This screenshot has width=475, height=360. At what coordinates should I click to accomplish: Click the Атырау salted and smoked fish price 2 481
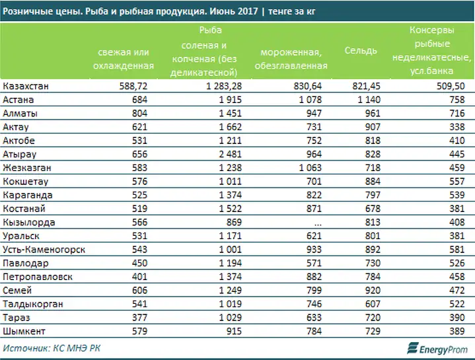231,154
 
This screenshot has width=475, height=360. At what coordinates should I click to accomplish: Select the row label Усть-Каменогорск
44,250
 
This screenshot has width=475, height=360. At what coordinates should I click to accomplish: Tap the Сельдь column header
361,50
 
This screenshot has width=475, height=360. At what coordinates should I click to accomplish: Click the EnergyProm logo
437,349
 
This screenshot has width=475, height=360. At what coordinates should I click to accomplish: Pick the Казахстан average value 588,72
133,86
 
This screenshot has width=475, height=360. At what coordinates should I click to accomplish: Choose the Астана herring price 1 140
369,100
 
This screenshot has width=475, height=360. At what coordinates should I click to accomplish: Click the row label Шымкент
24,331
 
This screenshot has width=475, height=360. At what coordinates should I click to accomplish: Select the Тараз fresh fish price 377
139,318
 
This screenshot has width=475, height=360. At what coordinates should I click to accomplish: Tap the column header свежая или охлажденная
124,59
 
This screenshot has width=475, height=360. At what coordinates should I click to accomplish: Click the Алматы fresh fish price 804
139,113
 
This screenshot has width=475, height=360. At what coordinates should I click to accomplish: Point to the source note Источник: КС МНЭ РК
52,349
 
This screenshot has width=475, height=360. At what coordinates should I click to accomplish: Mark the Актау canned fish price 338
457,127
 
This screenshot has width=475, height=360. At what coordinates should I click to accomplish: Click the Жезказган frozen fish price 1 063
311,168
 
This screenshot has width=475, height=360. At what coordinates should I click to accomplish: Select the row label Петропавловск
38,277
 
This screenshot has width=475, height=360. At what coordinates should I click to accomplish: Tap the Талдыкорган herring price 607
373,304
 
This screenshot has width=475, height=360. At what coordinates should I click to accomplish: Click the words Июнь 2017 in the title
234,11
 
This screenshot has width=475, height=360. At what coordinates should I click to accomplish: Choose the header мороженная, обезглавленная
291,59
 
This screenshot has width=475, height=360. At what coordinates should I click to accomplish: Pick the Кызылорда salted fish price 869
234,222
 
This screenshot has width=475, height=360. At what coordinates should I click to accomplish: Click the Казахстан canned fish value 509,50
451,86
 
